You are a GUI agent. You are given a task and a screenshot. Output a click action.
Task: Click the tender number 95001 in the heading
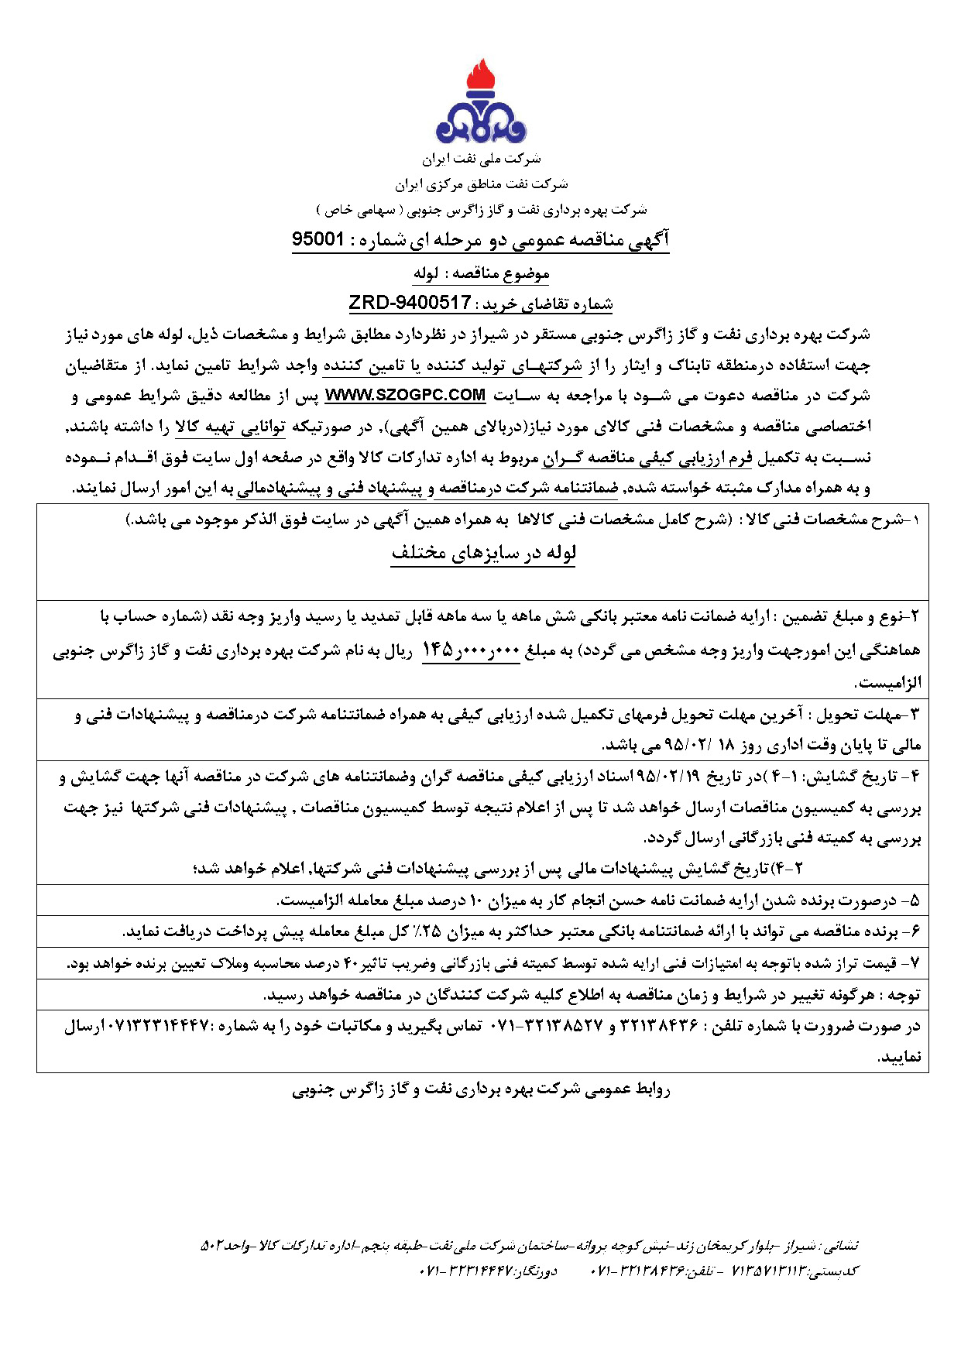tap(317, 240)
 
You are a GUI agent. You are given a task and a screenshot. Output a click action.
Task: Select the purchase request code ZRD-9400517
tap(410, 303)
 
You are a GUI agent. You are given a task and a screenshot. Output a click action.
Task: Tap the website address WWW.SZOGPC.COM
tap(405, 396)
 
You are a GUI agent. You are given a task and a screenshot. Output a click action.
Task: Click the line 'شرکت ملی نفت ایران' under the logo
tap(481, 160)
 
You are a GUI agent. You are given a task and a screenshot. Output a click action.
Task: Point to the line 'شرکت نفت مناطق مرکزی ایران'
tap(481, 184)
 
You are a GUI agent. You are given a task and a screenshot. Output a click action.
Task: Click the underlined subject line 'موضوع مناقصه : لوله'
tap(481, 273)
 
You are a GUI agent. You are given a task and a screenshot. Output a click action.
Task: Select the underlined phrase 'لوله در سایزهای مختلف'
tap(483, 554)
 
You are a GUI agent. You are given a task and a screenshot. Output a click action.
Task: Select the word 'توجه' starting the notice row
tap(904, 995)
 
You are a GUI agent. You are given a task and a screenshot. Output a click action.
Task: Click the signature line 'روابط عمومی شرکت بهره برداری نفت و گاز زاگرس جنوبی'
tap(481, 1089)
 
